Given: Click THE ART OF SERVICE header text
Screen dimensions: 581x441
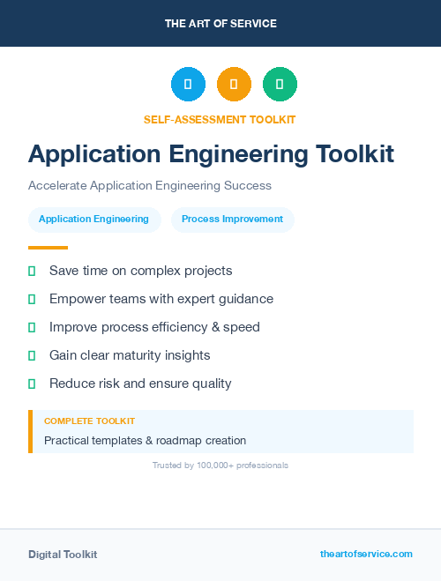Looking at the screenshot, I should pyautogui.click(x=220, y=24).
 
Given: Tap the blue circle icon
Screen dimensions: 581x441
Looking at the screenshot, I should pyautogui.click(x=188, y=85).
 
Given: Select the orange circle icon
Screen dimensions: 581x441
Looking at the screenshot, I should pyautogui.click(x=234, y=85).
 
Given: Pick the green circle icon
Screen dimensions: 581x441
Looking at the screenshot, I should pyautogui.click(x=280, y=85).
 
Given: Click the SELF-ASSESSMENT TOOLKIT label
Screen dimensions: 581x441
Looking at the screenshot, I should pyautogui.click(x=220, y=119).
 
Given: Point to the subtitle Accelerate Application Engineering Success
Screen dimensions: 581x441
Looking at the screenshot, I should pyautogui.click(x=150, y=186).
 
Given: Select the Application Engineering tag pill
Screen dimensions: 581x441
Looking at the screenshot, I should pyautogui.click(x=94, y=220).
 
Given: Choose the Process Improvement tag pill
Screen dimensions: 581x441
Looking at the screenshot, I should pyautogui.click(x=232, y=220).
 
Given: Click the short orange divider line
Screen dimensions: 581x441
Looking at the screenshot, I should pyautogui.click(x=48, y=248).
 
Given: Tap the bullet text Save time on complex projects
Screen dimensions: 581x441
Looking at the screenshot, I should pyautogui.click(x=141, y=271).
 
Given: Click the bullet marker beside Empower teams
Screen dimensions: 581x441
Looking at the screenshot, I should pyautogui.click(x=32, y=300).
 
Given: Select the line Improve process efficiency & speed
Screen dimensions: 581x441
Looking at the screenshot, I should pyautogui.click(x=154, y=327).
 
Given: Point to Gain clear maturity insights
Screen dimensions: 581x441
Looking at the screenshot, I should pyautogui.click(x=130, y=355).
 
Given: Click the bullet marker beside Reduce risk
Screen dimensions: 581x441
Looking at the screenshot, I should pyautogui.click(x=32, y=384).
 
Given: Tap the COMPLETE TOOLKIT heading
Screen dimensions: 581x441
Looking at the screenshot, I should pyautogui.click(x=89, y=421).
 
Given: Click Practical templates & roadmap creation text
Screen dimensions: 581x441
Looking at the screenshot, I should pyautogui.click(x=145, y=440).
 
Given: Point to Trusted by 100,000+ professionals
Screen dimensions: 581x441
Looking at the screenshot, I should pyautogui.click(x=220, y=466).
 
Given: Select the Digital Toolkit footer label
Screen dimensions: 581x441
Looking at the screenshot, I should pyautogui.click(x=63, y=555).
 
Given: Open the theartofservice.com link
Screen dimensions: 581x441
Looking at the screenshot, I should pyautogui.click(x=366, y=554).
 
